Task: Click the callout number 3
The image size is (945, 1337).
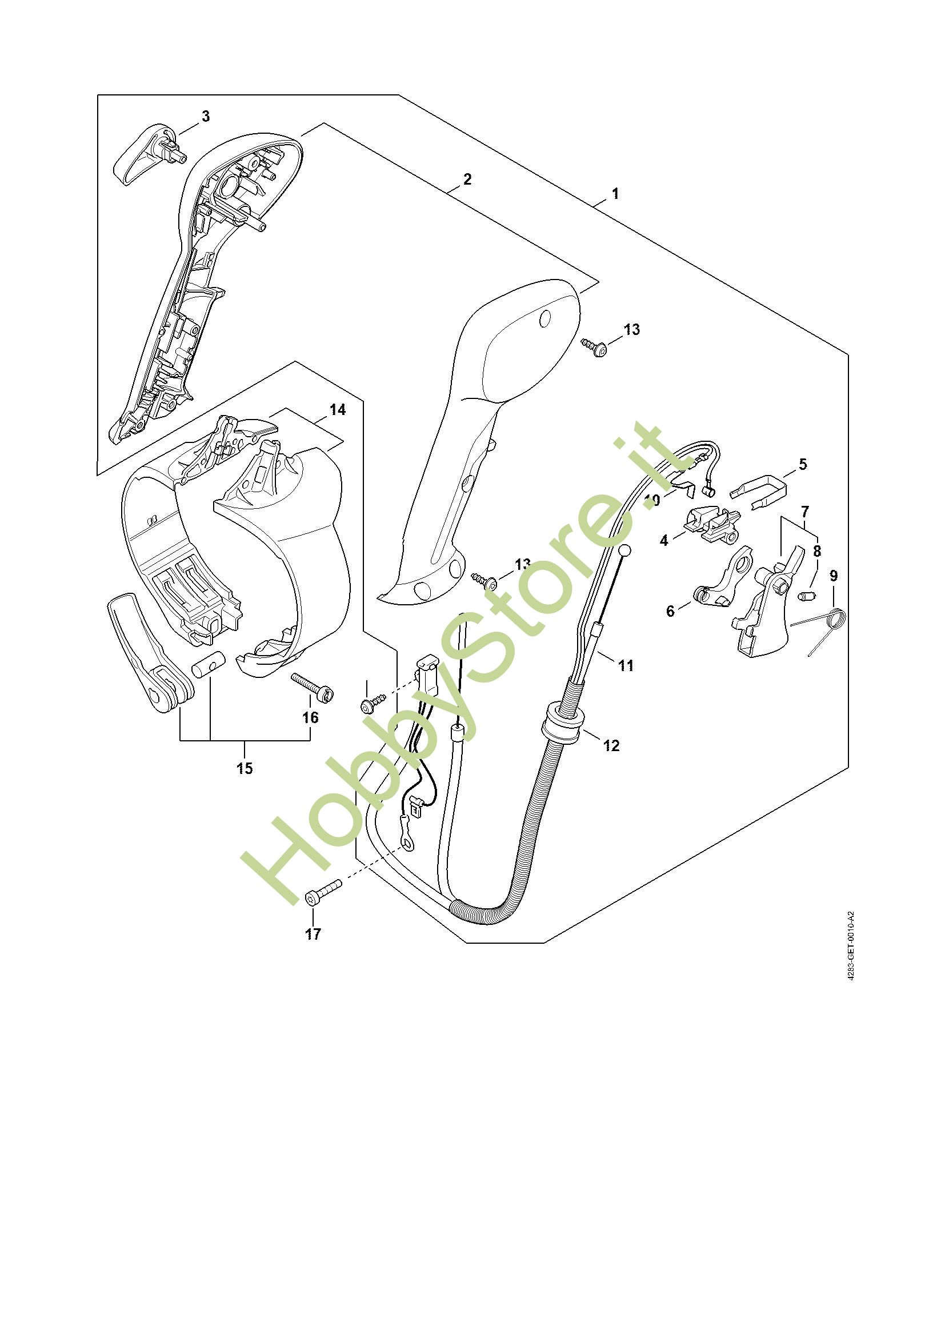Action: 206,117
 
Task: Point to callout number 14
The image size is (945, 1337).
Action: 337,410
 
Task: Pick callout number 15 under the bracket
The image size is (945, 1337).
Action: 245,768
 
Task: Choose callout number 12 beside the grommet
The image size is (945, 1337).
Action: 611,745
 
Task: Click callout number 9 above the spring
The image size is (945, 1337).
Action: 834,576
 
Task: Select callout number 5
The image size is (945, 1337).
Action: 802,465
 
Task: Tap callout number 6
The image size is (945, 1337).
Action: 670,611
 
